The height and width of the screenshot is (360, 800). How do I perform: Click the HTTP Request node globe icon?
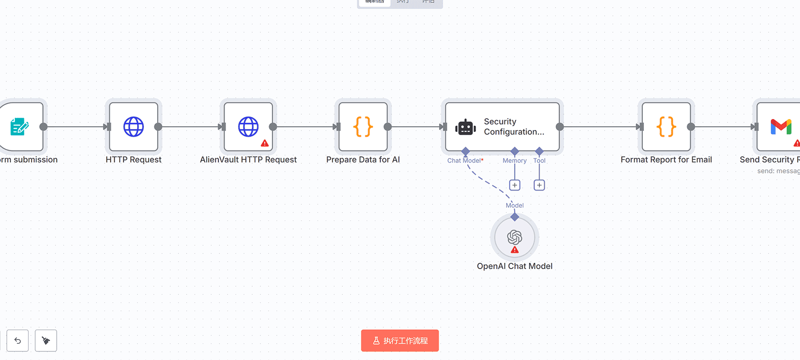[133, 127]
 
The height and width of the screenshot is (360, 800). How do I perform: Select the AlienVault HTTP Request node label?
[248, 160]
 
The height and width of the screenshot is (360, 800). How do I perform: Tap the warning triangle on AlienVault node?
[265, 143]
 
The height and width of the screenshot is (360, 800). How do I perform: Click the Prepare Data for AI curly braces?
[363, 127]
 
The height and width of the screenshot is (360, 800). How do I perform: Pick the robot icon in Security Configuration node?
[465, 127]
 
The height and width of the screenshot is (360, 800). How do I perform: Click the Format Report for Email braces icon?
[666, 127]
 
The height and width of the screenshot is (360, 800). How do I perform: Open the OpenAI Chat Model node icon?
[515, 237]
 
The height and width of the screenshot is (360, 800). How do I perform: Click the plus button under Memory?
[515, 185]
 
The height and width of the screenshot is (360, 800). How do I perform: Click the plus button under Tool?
[539, 185]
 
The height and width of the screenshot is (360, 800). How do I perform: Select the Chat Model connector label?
[464, 160]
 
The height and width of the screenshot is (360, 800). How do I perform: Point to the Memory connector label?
[515, 160]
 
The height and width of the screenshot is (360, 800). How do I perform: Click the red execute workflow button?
[400, 340]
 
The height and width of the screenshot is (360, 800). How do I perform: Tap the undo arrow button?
[18, 340]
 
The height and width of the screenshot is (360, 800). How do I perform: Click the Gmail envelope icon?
[781, 127]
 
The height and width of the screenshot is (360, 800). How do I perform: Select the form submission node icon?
[20, 127]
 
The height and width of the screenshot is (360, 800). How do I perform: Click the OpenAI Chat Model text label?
[515, 266]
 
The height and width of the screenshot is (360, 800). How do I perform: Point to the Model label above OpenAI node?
[515, 205]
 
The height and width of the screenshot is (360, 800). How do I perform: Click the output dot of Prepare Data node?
[388, 127]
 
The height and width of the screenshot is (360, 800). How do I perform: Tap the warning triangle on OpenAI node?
[515, 250]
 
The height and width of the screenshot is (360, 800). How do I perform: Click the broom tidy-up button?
[46, 340]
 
